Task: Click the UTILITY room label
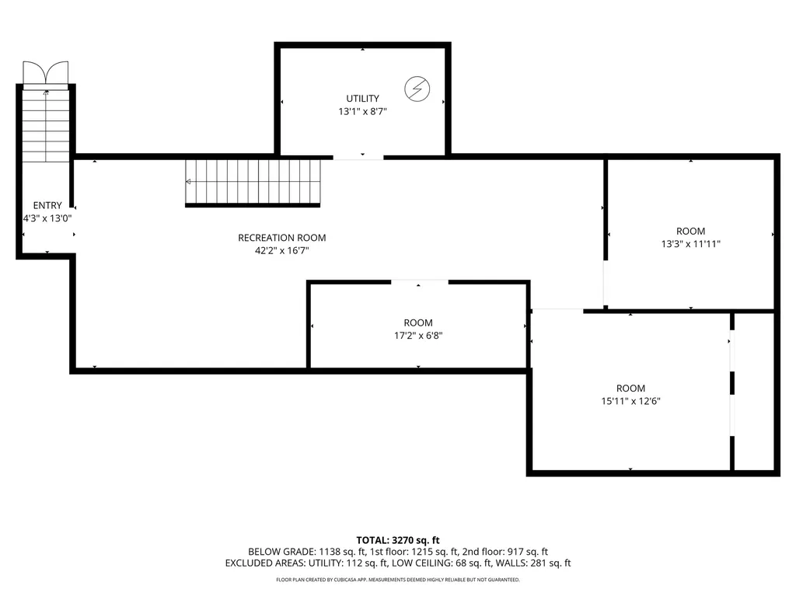click(x=363, y=99)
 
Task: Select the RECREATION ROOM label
click(x=281, y=238)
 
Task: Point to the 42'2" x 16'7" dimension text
click(x=281, y=250)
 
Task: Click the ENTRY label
click(x=47, y=206)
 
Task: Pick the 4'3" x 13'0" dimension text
click(x=47, y=218)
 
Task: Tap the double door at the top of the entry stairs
click(x=46, y=74)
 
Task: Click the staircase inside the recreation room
click(x=253, y=182)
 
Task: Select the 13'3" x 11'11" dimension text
click(x=690, y=243)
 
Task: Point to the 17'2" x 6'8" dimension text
click(x=418, y=336)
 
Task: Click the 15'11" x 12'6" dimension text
click(x=630, y=401)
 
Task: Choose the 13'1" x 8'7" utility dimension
click(x=363, y=111)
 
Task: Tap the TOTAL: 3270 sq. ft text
click(x=398, y=539)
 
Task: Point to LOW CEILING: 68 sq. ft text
click(x=452, y=563)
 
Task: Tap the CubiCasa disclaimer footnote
click(x=398, y=580)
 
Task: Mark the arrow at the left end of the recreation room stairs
click(x=188, y=182)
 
